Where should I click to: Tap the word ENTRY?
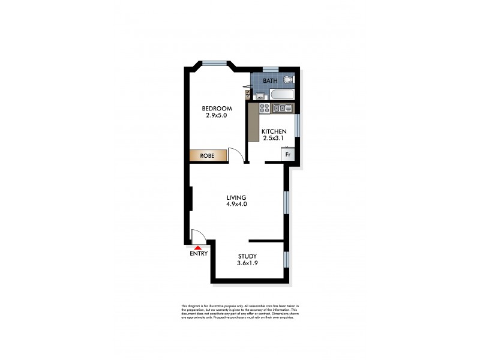click(199, 253)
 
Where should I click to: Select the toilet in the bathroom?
click(289, 80)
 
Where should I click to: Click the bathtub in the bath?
click(281, 95)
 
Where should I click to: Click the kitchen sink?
click(281, 109)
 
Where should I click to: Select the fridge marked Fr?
click(287, 154)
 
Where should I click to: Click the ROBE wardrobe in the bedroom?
click(208, 155)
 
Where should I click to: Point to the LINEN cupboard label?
click(246, 94)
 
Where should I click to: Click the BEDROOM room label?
click(217, 109)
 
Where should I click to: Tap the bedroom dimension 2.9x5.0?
click(217, 116)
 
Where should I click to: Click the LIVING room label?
click(236, 197)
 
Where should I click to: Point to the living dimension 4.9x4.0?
click(236, 205)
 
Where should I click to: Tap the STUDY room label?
click(247, 256)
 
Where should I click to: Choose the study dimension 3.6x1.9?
click(247, 263)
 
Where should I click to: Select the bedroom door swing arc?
click(237, 155)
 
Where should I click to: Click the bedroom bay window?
click(214, 62)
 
